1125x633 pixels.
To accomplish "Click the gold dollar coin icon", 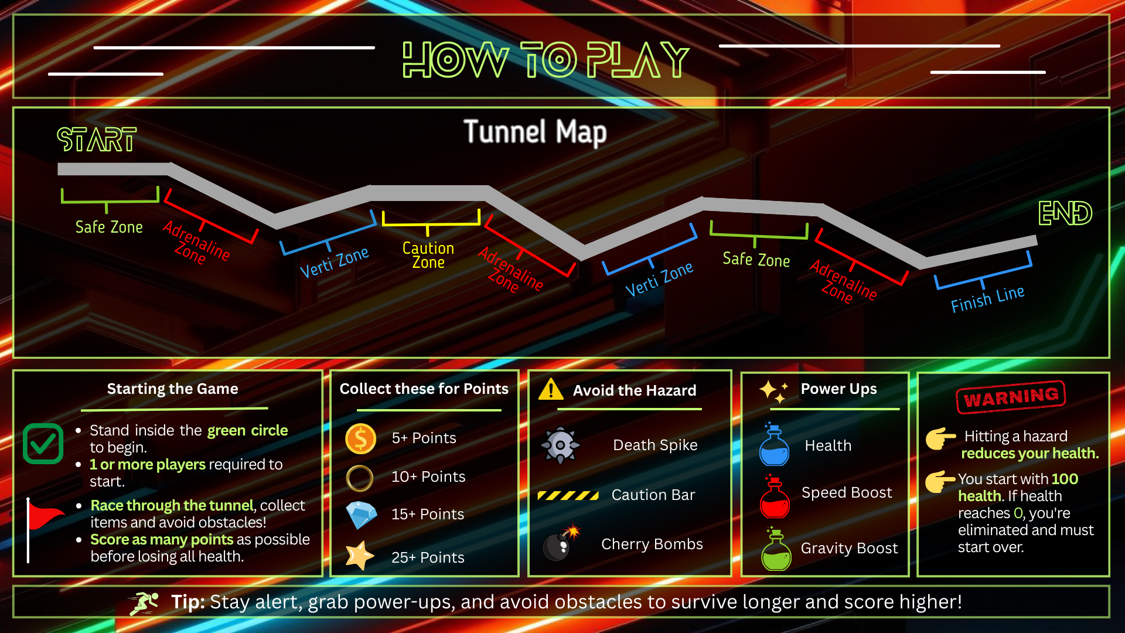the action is point(360,439).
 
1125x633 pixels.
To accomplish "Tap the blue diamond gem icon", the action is point(361,515).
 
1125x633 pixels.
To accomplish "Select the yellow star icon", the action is point(359,556).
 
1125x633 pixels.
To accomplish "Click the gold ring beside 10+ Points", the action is point(360,478).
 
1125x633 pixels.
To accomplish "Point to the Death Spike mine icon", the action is point(560,445).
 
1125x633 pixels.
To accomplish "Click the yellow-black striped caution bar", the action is point(568,495).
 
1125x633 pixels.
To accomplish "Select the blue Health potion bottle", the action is point(774,446).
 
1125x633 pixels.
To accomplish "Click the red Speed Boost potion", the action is point(775,497).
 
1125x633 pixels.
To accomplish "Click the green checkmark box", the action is point(43,444).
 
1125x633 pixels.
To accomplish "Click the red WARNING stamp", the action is point(1011,397).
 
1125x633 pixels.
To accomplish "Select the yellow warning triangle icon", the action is point(550,389).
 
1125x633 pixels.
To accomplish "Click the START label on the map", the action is point(97,139).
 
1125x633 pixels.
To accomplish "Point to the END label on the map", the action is point(1065,213).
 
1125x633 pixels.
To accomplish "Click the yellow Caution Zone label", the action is point(428,256).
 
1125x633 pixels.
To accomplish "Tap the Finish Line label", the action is point(987,299).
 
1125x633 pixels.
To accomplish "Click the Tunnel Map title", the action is point(535,132).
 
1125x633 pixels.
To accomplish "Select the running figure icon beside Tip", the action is point(144,603).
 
